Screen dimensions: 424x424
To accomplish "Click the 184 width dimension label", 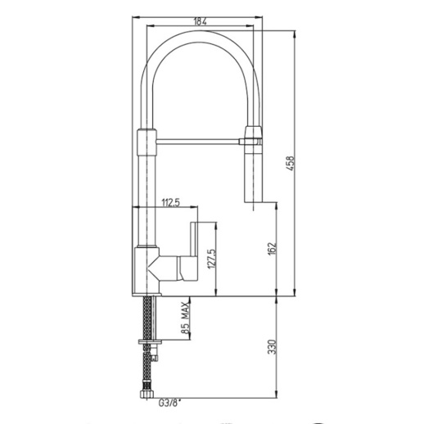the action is tap(201, 21).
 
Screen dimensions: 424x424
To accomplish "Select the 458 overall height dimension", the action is tap(291, 164).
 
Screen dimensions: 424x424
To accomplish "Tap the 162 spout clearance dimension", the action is tap(272, 248).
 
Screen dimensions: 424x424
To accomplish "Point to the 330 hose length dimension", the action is tap(272, 346).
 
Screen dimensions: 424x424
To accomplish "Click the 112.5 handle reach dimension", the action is tap(171, 203).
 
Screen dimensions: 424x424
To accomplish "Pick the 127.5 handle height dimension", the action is tap(212, 259).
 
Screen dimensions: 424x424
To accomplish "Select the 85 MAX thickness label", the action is tap(185, 318).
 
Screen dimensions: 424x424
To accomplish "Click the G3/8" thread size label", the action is tap(169, 403).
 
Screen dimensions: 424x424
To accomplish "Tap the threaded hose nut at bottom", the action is tap(147, 395).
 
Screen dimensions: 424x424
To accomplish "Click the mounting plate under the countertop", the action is tap(150, 342).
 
